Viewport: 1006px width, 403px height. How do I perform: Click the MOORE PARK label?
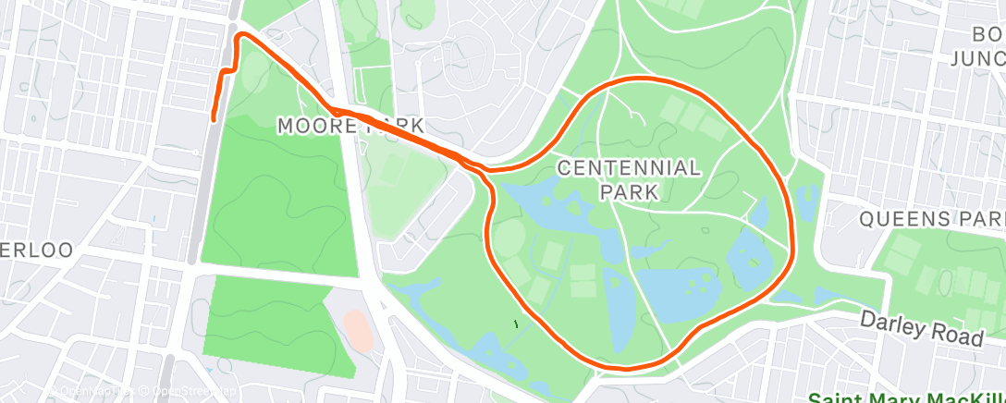[351, 126]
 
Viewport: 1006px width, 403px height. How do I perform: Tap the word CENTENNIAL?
[629, 168]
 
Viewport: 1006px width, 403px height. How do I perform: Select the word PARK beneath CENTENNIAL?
[629, 192]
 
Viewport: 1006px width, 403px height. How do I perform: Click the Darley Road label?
[921, 327]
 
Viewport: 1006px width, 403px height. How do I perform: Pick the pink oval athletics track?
[358, 330]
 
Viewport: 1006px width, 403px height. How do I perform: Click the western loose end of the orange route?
[214, 117]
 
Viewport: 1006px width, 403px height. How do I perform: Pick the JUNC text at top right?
[978, 59]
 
